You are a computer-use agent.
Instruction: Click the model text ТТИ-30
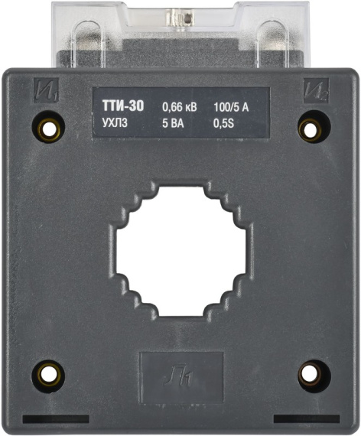click(123, 106)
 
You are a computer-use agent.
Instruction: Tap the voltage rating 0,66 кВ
click(180, 107)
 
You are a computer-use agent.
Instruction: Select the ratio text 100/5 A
click(231, 107)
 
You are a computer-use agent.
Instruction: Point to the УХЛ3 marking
click(115, 123)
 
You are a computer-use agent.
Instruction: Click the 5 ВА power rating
click(173, 123)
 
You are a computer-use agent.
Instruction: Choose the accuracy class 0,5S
click(223, 123)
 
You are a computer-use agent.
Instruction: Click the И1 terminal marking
click(46, 91)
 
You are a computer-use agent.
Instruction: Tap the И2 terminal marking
click(316, 91)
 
